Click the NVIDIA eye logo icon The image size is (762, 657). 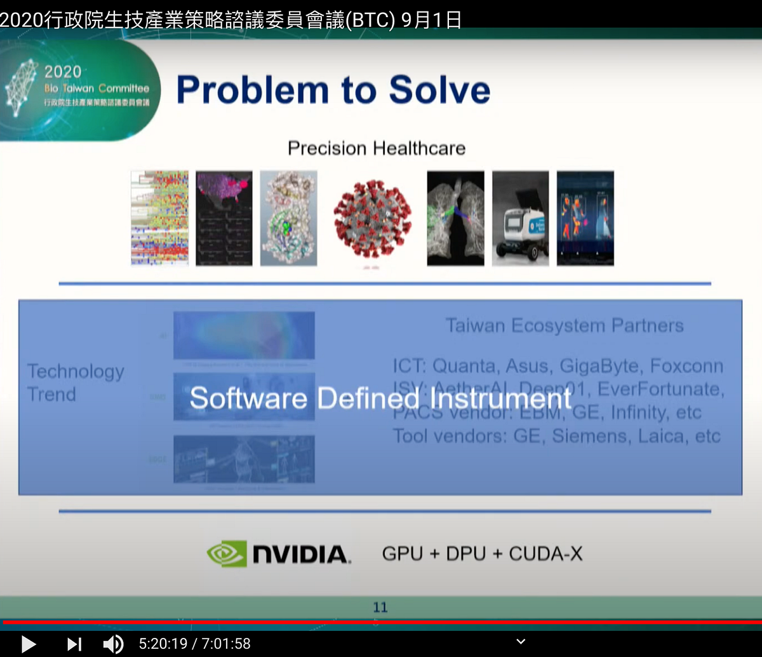point(226,553)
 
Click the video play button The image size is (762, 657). point(28,644)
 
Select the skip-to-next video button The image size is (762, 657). point(74,644)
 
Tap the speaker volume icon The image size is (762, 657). point(113,644)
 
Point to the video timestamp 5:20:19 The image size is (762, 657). point(163,644)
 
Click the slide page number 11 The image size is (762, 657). point(380,607)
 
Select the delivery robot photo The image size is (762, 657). point(521,218)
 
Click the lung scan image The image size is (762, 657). point(455,218)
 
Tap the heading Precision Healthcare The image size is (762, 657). point(377,149)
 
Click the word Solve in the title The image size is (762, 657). point(439,90)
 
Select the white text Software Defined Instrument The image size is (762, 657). point(380,398)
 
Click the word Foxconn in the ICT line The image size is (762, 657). point(686,366)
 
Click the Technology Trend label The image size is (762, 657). point(76,383)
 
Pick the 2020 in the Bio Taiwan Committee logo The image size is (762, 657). point(63,71)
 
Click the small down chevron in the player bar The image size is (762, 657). point(521,642)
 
